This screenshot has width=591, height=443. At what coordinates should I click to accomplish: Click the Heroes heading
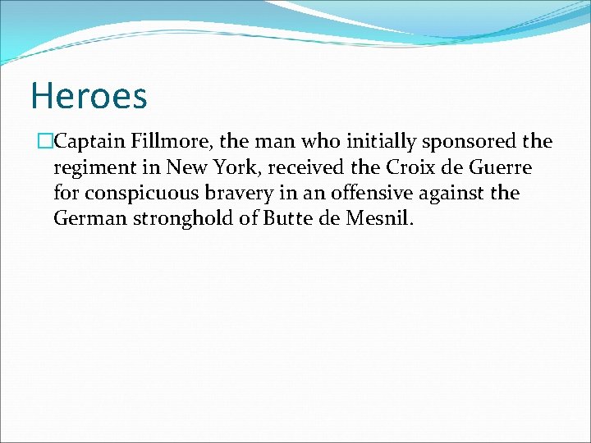pos(89,96)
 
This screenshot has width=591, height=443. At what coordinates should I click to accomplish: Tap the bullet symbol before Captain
pos(45,142)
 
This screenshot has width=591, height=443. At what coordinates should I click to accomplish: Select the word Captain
pos(87,142)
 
